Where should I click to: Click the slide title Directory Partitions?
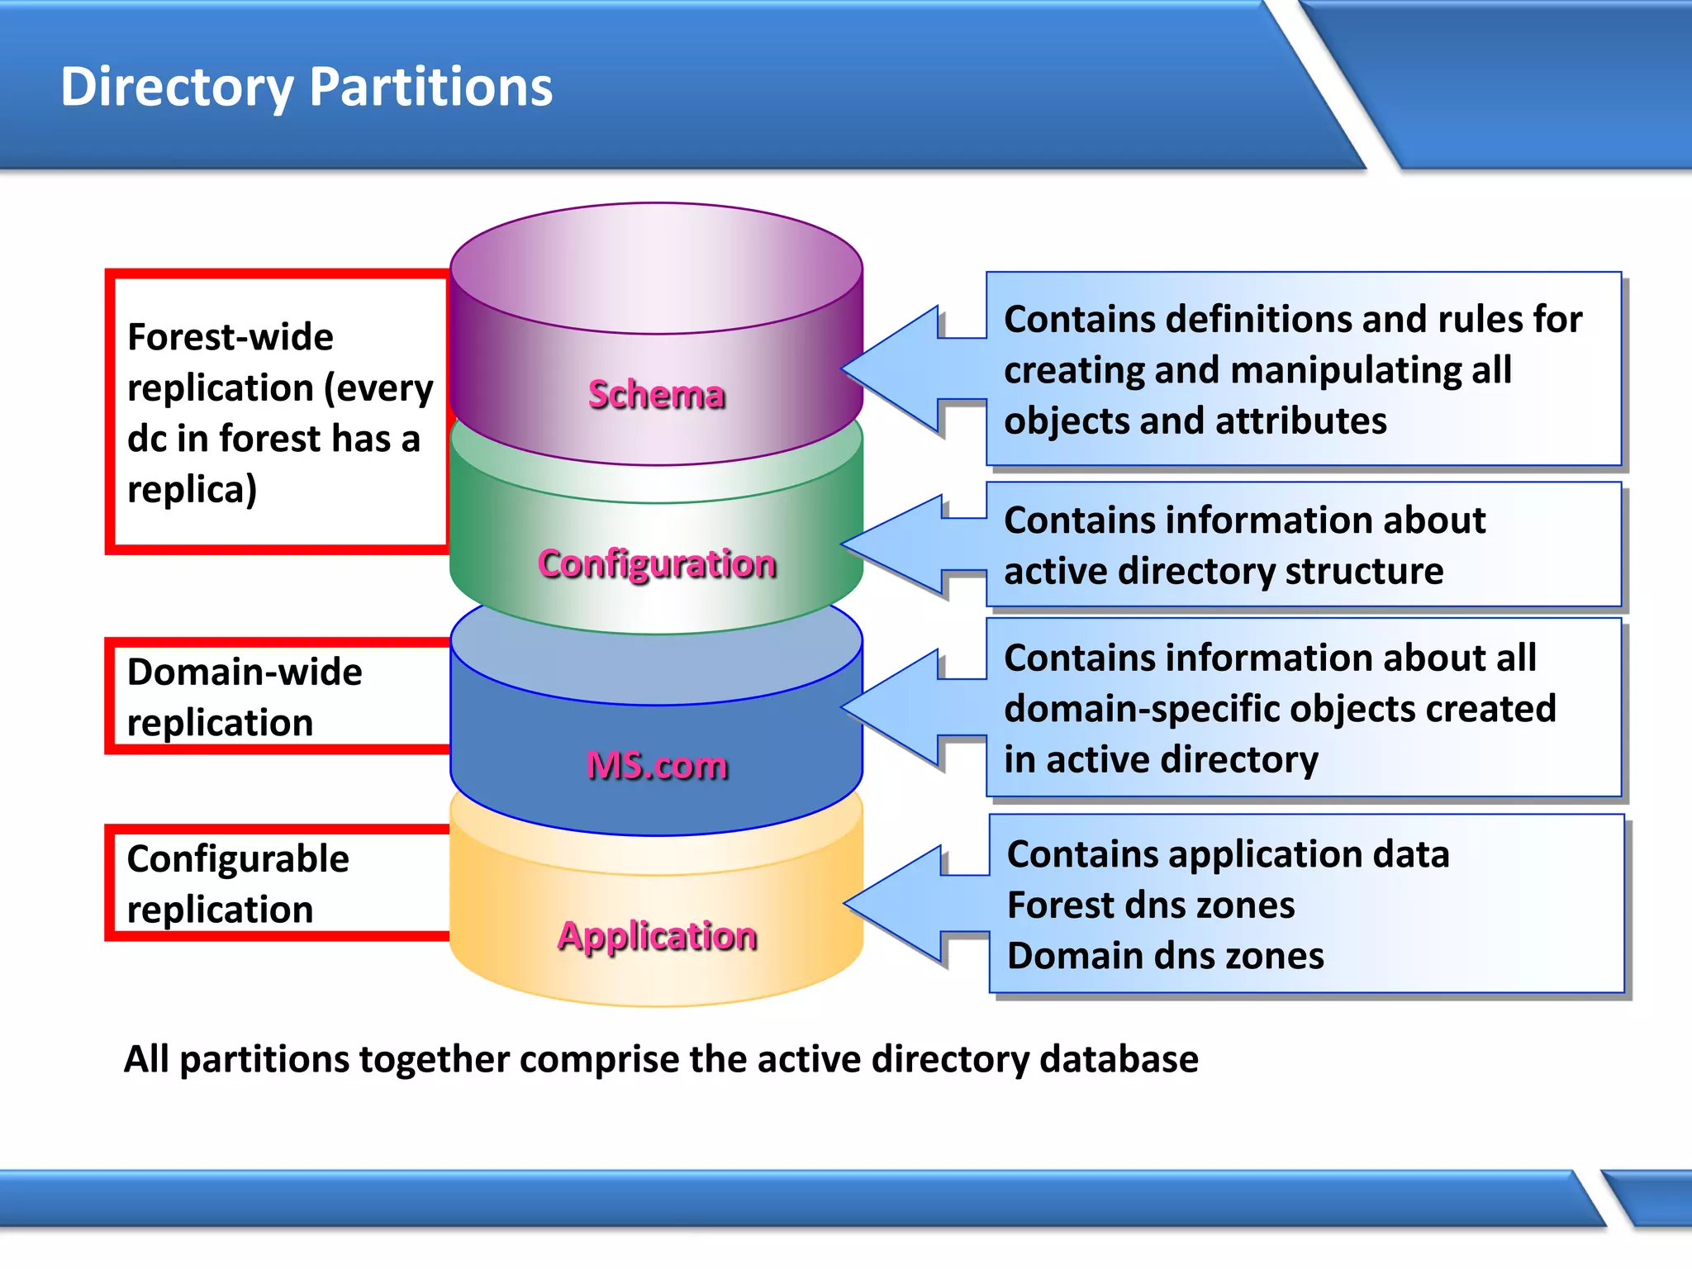click(x=307, y=87)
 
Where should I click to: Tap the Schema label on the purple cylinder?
click(x=657, y=395)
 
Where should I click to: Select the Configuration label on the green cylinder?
click(x=657, y=564)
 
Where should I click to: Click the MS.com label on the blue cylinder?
click(x=657, y=766)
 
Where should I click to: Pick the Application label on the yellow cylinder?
click(x=657, y=936)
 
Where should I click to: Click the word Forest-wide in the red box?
click(x=231, y=337)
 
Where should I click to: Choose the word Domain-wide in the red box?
click(x=245, y=672)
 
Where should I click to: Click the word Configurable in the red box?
click(x=238, y=859)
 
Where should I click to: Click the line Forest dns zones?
click(x=1151, y=905)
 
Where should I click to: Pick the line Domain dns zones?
click(x=1165, y=956)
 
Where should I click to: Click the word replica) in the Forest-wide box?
click(x=192, y=490)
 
